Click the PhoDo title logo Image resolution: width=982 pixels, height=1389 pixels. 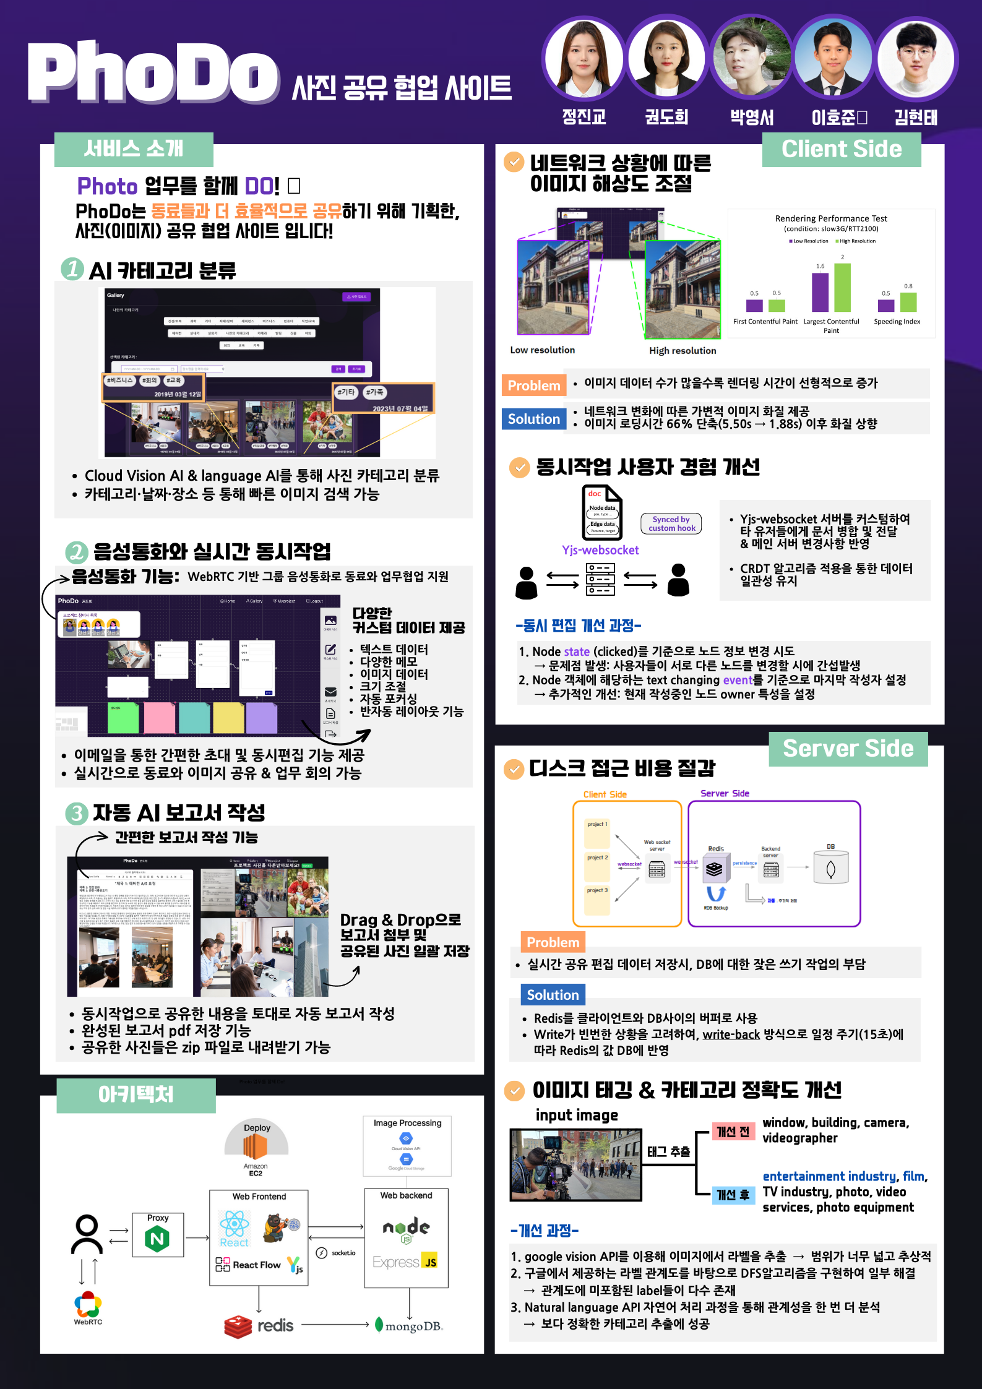click(153, 73)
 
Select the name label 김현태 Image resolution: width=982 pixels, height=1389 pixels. click(915, 118)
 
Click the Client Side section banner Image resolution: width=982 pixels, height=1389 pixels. click(841, 149)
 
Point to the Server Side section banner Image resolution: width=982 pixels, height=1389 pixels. click(848, 749)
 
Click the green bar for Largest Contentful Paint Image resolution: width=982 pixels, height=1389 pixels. click(842, 288)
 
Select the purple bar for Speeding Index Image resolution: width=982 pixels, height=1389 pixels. click(886, 305)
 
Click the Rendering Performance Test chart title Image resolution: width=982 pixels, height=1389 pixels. click(830, 218)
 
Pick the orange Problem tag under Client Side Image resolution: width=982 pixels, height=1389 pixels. click(533, 385)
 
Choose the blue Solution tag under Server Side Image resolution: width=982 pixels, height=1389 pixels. click(553, 995)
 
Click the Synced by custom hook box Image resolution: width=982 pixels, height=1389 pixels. click(671, 523)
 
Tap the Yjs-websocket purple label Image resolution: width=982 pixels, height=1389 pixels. click(600, 550)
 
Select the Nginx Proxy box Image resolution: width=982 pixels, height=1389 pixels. click(158, 1235)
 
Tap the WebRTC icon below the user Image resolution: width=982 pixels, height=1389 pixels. click(88, 1306)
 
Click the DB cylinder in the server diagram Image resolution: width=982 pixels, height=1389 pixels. click(830, 869)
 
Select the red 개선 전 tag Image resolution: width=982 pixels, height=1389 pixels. click(733, 1132)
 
